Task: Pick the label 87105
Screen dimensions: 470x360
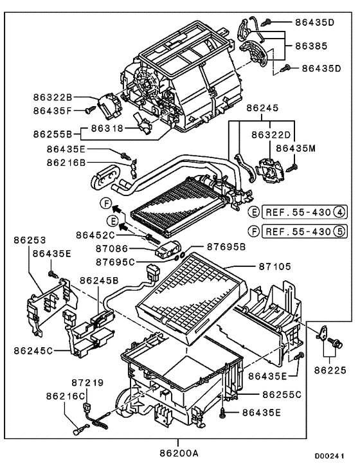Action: pyautogui.click(x=276, y=266)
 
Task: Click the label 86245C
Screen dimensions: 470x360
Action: pyautogui.click(x=35, y=351)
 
